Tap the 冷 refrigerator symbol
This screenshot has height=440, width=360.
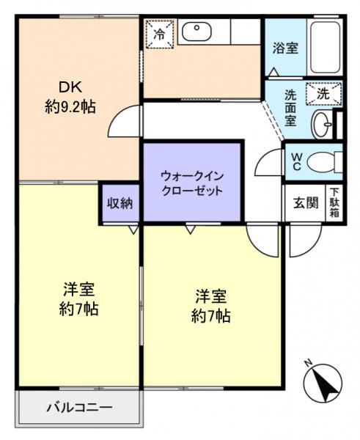coord(159,34)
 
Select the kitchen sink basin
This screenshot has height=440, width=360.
coord(196,32)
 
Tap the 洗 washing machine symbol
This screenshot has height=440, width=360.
coord(323,94)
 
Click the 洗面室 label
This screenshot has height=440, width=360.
coord(291,109)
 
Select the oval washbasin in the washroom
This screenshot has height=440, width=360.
coord(321,125)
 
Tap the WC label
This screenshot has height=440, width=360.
coord(296,161)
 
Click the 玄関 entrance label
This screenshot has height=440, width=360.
coord(306,203)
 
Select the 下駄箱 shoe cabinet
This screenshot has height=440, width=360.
coord(334,203)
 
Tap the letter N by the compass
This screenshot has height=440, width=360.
coord(309,361)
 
